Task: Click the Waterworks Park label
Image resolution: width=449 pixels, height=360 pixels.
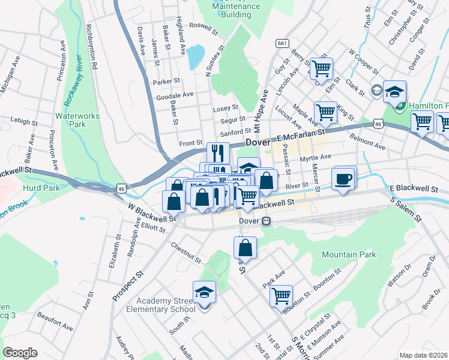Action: (x=71, y=120)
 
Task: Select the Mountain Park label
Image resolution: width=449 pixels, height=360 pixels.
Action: (x=349, y=255)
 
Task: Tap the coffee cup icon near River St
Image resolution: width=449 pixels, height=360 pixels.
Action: (x=343, y=179)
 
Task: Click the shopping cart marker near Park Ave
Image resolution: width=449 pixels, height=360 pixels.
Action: (x=281, y=295)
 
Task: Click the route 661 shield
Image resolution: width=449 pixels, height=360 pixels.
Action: (x=282, y=43)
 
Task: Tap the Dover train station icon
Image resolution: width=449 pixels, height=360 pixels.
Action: (x=265, y=221)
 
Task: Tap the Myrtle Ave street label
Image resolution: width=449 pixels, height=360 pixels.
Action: (x=316, y=157)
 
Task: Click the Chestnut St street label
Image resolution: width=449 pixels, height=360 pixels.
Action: (x=185, y=252)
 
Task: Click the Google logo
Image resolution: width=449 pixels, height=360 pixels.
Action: (x=20, y=353)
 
